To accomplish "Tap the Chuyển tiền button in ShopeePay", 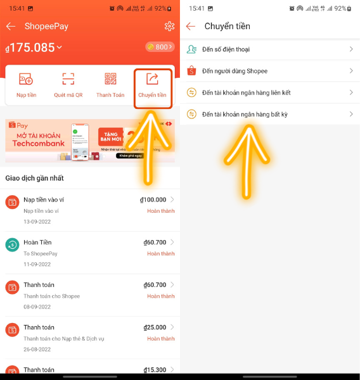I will point(153,85).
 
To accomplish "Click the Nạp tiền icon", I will point(26,85).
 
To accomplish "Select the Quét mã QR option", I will point(68,85).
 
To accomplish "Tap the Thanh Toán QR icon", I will point(110,85).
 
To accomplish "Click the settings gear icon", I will point(169,26).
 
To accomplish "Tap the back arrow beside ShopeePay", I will point(10,26).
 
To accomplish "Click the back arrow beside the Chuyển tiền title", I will point(191,26).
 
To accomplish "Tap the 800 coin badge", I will point(160,47).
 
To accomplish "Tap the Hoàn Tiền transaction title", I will point(37,243).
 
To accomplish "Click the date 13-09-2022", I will point(37,222).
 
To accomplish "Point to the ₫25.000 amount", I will point(155,327).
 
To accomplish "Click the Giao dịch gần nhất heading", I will point(34,178).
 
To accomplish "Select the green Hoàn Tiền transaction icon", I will point(12,244).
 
